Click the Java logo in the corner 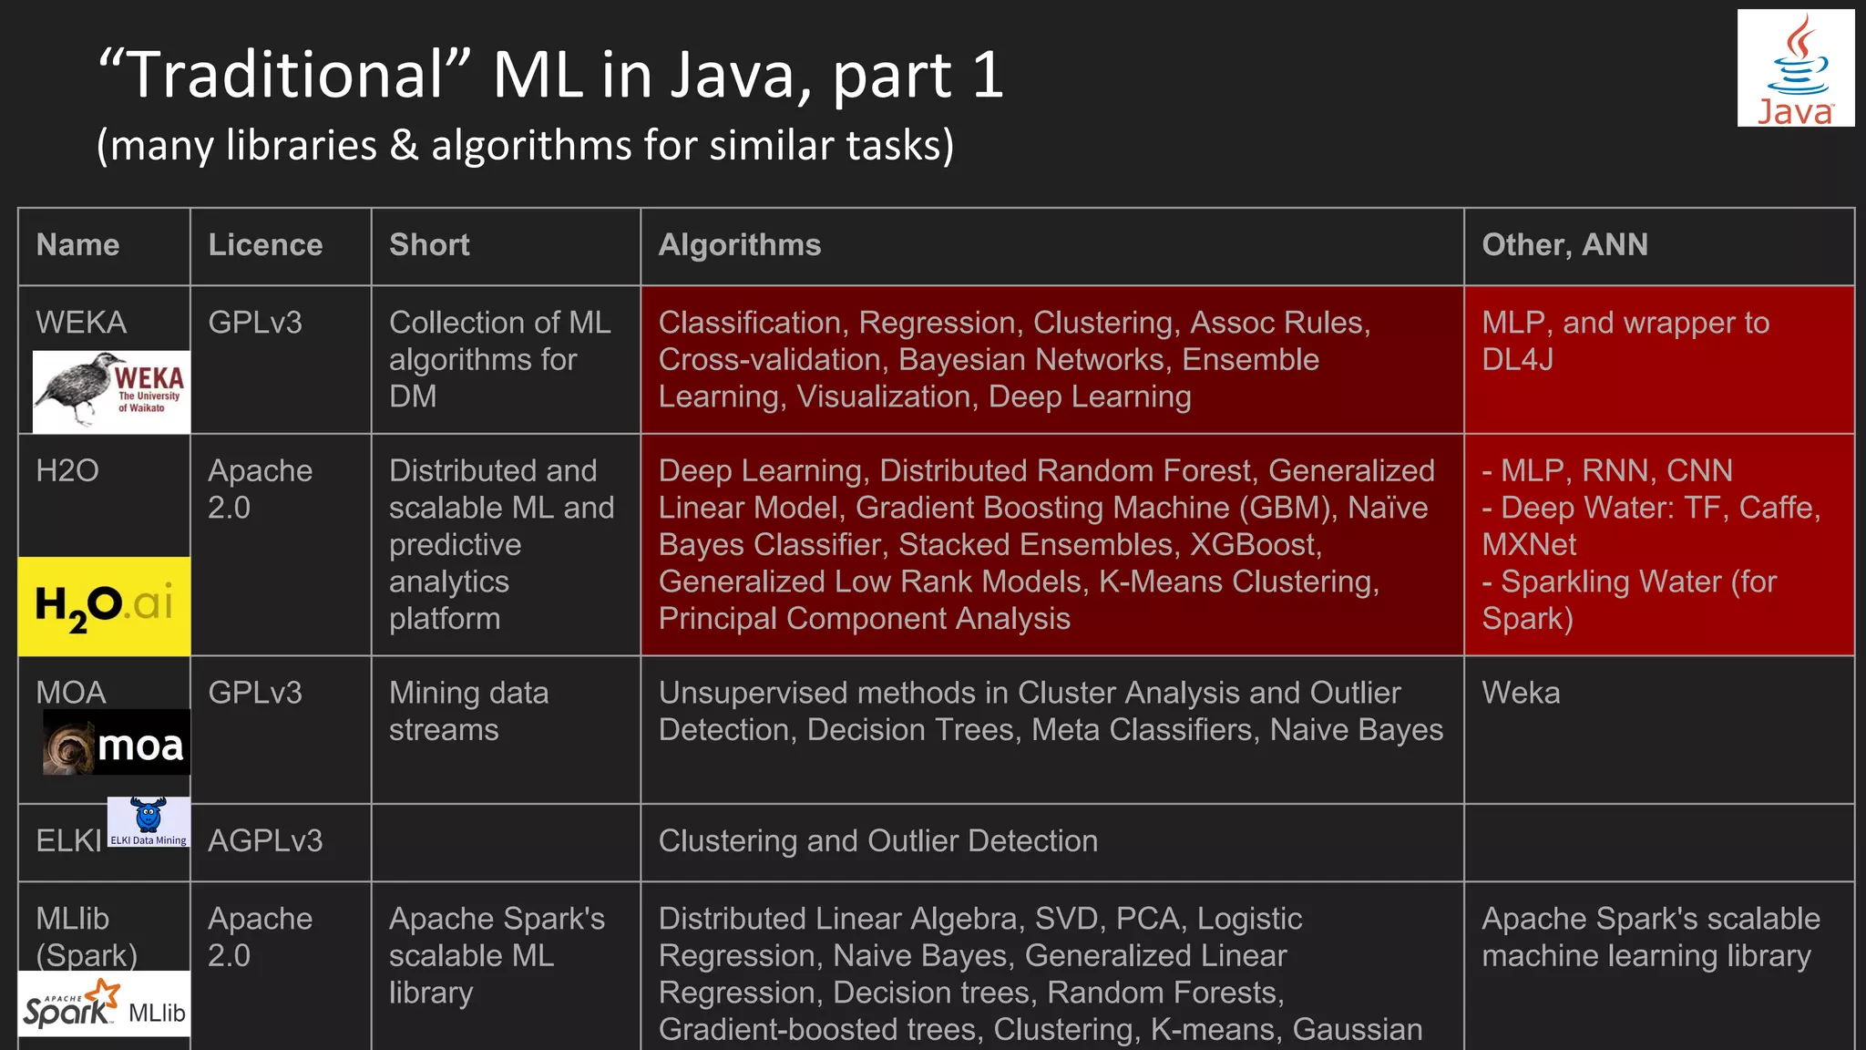[x=1795, y=68]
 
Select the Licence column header [x=265, y=245]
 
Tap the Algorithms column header [x=740, y=245]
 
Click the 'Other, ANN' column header [x=1564, y=245]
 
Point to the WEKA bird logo [x=111, y=391]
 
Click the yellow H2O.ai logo [x=104, y=606]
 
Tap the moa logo [x=117, y=743]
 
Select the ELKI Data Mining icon [x=149, y=821]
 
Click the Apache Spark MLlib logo [x=104, y=1004]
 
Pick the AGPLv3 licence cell [x=265, y=840]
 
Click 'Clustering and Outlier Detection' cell [x=877, y=840]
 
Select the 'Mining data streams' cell [x=468, y=711]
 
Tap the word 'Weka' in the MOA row [x=1521, y=693]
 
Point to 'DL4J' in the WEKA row [x=1517, y=359]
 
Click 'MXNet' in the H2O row [x=1529, y=544]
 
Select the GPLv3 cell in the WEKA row [x=254, y=323]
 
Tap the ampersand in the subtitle [x=404, y=146]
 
